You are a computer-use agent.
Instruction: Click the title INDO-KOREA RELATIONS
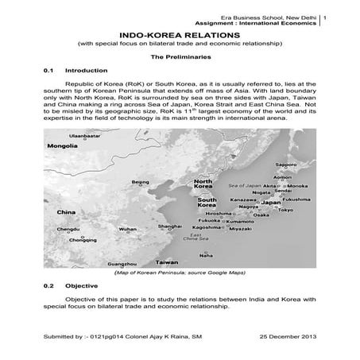(x=180, y=36)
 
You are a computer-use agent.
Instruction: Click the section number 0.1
(x=48, y=71)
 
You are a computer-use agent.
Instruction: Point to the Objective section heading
(x=82, y=285)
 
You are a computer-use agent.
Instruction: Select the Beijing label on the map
(x=140, y=182)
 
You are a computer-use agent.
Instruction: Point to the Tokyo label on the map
(x=285, y=210)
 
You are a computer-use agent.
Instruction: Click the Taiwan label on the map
(x=166, y=261)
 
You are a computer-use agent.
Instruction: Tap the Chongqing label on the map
(x=83, y=239)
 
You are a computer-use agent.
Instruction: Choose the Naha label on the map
(x=206, y=255)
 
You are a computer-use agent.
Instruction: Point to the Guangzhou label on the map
(x=121, y=263)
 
